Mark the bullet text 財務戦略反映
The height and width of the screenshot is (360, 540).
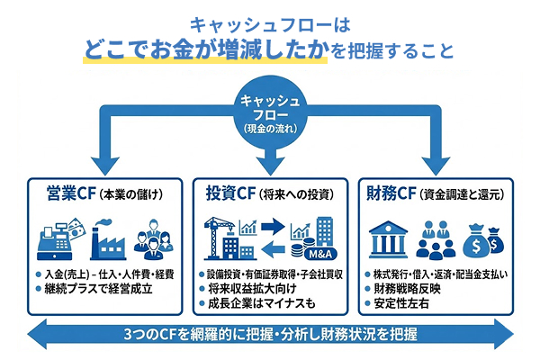tap(409, 289)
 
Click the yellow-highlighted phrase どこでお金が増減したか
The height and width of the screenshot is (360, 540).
tap(205, 49)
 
